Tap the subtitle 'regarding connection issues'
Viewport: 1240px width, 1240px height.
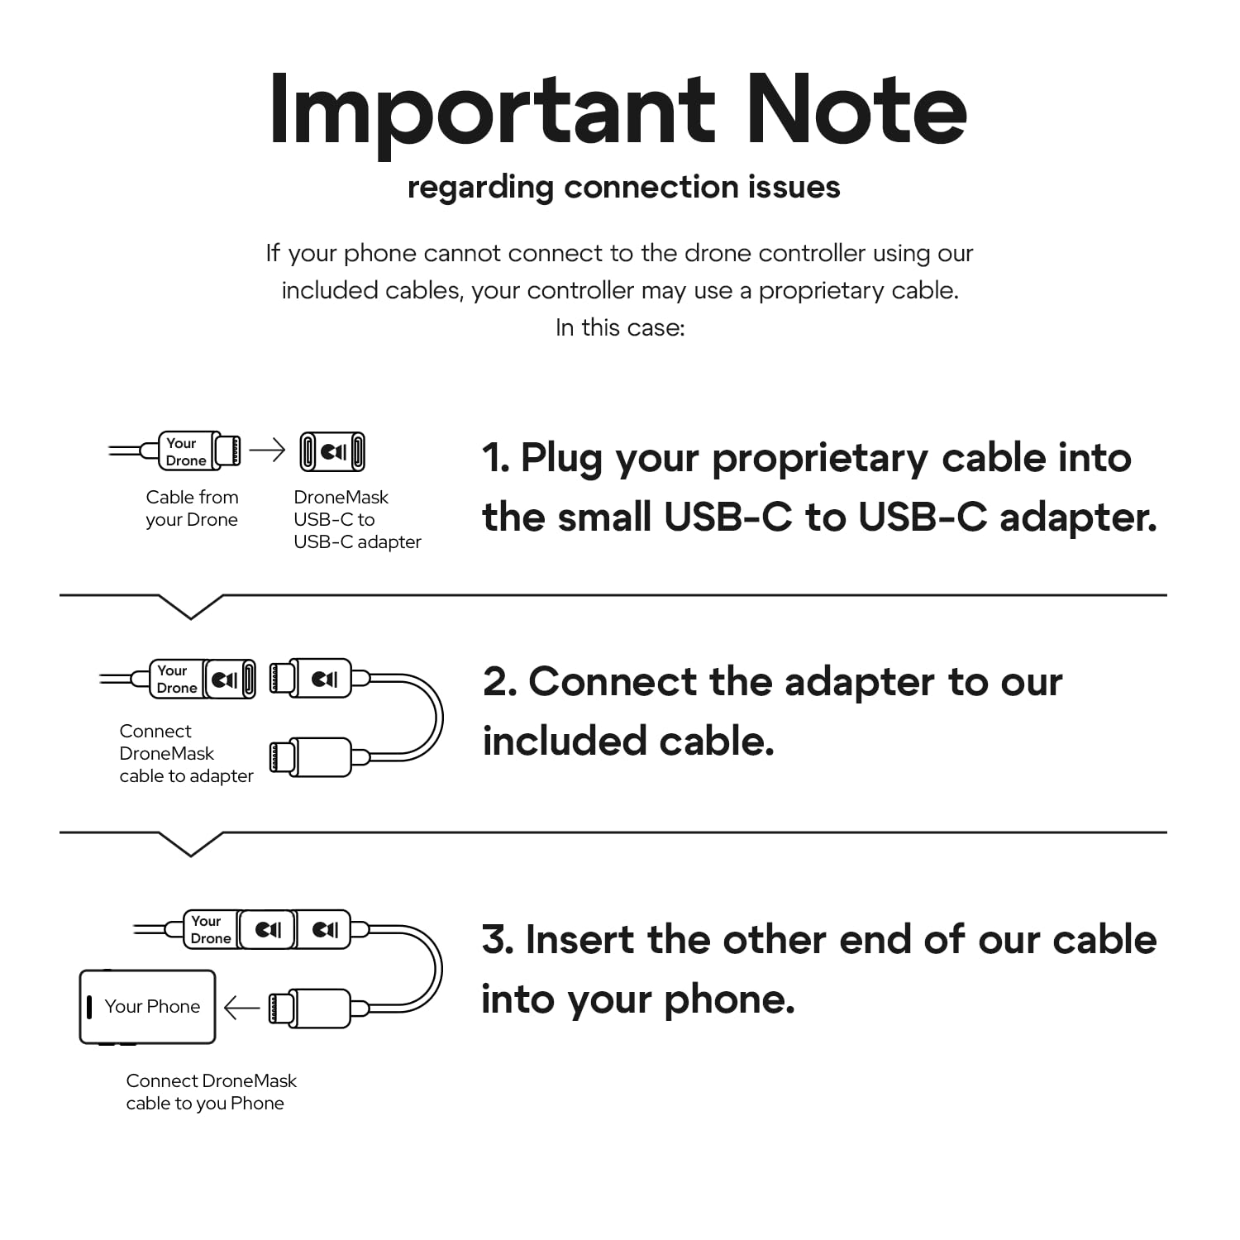click(x=623, y=188)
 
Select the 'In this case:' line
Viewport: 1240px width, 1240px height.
click(x=620, y=327)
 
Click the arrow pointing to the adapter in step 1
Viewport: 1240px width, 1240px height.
click(x=267, y=450)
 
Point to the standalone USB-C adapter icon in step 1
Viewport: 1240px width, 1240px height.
click(x=332, y=451)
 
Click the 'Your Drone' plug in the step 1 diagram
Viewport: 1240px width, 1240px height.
click(x=198, y=451)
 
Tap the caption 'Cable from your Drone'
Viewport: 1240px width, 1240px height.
click(x=192, y=508)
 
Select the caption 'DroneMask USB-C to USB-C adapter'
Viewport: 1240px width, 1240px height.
click(x=357, y=519)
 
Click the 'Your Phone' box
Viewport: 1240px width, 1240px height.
click(x=147, y=1007)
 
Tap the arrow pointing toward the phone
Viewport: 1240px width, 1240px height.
click(x=241, y=1008)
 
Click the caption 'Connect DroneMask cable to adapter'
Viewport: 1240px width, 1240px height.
click(x=186, y=753)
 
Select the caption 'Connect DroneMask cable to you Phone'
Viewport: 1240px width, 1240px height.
click(x=211, y=1092)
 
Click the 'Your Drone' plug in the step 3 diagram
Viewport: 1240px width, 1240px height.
click(x=210, y=929)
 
